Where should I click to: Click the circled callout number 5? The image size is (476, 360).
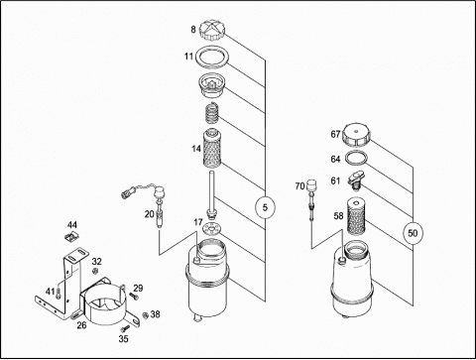point(265,207)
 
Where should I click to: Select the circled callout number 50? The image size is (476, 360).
point(413,233)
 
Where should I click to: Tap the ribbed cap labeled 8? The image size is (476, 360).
point(212,30)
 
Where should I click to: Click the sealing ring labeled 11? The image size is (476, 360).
point(212,57)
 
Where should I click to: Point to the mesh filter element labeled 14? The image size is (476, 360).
point(211,148)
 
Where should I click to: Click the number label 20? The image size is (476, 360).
point(150,214)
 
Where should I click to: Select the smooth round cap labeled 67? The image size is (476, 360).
point(356,135)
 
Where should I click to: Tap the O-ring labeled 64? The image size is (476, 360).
point(356,158)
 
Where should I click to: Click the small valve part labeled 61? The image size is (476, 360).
point(356,180)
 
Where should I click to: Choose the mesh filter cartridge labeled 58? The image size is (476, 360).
point(356,215)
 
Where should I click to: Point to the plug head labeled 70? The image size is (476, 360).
point(310,185)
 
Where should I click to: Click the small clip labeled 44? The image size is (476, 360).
point(71,237)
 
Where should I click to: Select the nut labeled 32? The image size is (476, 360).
point(95,272)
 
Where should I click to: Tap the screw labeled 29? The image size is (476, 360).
point(135,297)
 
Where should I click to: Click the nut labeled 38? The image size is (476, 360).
point(145,315)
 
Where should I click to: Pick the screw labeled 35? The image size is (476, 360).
point(125,328)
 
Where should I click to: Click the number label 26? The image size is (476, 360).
point(81,325)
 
